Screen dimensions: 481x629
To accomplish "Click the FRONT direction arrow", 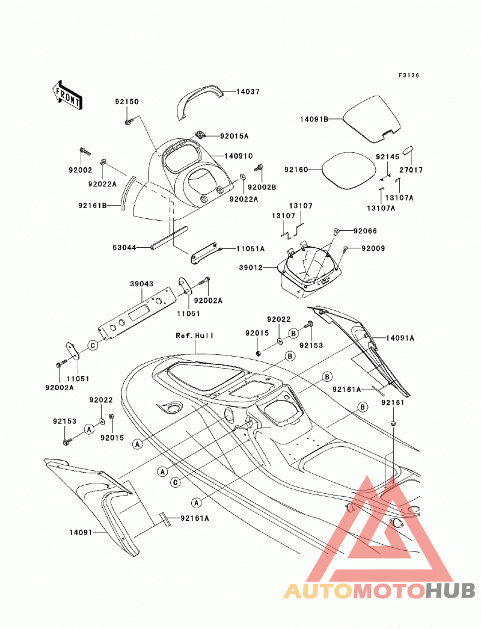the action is [x=67, y=94].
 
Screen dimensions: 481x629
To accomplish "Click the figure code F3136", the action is [x=408, y=75].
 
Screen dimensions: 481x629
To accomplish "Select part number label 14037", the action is [x=248, y=92].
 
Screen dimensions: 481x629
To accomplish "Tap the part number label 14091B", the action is [x=314, y=119].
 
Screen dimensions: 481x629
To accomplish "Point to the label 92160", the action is [x=296, y=170].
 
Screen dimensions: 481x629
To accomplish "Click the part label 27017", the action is [x=411, y=170].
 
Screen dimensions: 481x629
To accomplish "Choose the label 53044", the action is [x=124, y=248].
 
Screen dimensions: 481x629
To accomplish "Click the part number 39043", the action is [x=142, y=284].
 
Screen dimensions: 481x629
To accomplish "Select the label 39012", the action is [x=251, y=268].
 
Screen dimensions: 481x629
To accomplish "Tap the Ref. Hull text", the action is [x=195, y=336].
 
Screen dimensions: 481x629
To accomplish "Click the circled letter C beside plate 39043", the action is [x=93, y=345].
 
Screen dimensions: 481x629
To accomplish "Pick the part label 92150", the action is [x=127, y=102].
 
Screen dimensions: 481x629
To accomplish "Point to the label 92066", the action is [x=365, y=231].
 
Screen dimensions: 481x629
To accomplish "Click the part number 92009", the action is [x=373, y=249].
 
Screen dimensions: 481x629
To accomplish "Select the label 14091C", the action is [x=238, y=156].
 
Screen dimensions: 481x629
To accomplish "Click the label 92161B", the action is [x=92, y=206].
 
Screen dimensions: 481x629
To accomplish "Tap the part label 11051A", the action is [x=250, y=249].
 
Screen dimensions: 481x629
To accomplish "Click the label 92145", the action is [x=388, y=157].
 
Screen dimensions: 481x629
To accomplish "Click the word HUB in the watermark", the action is [x=450, y=591].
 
